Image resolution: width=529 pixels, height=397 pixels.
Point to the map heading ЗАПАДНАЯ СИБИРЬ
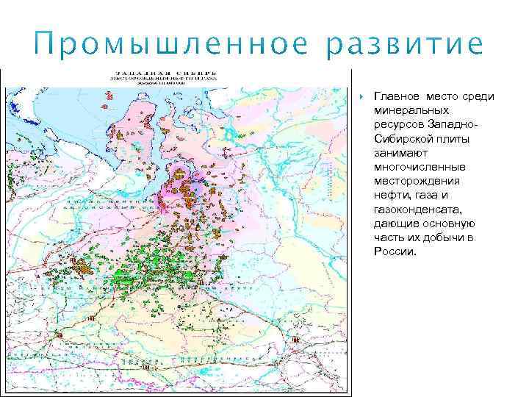tap(164, 74)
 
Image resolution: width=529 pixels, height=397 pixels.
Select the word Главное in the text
tap(396, 97)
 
